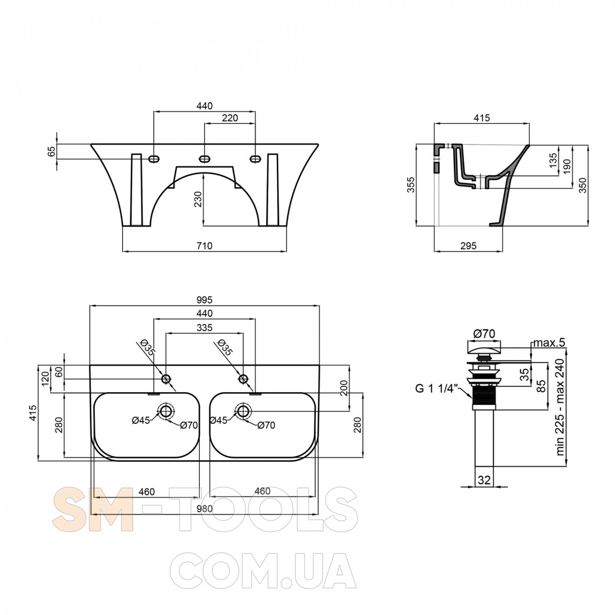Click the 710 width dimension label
point(204,246)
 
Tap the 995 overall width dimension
point(204,300)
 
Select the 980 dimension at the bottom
point(204,508)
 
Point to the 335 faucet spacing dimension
point(204,327)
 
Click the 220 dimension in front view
point(230,118)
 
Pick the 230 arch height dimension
point(198,199)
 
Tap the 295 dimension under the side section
point(468,246)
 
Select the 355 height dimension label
point(412,184)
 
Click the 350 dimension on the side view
point(582,185)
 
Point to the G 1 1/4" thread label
point(437,388)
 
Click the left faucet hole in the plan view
point(166,379)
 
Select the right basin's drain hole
point(243,411)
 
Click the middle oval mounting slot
point(204,158)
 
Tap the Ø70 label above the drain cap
point(484,334)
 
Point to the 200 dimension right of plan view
point(344,388)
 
